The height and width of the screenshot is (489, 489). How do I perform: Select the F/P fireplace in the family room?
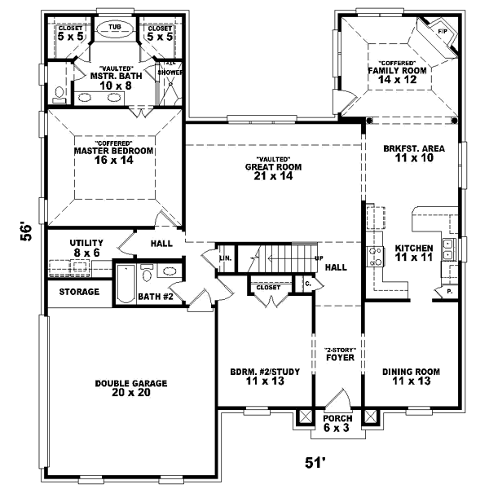[442, 33]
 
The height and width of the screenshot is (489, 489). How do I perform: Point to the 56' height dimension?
[28, 231]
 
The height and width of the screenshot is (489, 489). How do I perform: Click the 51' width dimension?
[315, 462]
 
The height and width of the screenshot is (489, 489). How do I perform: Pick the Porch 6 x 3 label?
[337, 423]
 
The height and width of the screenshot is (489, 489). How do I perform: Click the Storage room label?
[79, 292]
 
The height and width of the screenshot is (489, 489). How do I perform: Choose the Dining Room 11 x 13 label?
[412, 377]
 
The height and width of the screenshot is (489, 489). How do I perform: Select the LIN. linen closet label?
[225, 258]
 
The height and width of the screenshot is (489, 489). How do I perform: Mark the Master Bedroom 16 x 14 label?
[103, 155]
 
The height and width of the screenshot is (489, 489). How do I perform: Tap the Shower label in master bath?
[170, 72]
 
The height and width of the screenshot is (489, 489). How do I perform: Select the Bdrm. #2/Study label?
[266, 377]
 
